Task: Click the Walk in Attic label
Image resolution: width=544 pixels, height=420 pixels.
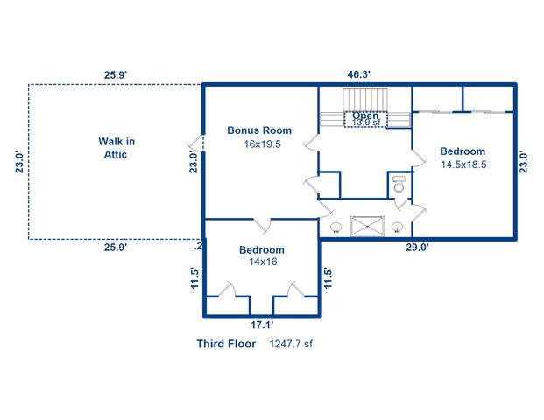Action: point(116,147)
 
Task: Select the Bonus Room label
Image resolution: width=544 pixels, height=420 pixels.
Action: point(259,130)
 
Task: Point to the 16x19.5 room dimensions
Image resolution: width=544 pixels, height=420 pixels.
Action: point(262,144)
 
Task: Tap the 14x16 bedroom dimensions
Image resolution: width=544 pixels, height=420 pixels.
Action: point(262,262)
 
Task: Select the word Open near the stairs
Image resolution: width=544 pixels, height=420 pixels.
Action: point(365,115)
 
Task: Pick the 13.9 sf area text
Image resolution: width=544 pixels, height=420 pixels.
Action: point(367,123)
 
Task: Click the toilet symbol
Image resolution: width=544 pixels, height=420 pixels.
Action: point(399,185)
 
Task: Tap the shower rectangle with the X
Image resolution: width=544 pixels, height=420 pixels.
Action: point(368,226)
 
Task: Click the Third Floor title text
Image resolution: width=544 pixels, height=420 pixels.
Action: point(226,344)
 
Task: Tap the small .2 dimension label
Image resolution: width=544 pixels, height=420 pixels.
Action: point(198,248)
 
